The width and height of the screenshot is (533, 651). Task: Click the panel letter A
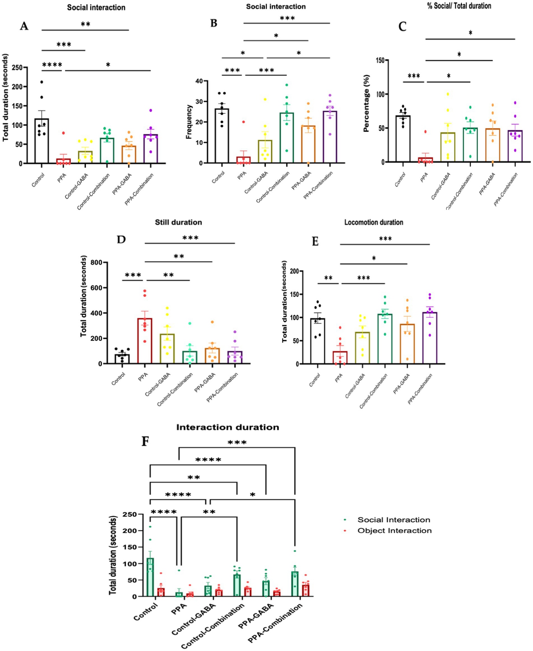24,26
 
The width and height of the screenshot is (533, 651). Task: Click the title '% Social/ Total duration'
459,6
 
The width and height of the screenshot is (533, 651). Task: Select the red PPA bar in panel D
145,341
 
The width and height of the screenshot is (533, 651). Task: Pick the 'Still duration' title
178,222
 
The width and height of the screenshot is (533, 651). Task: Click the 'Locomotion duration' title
374,222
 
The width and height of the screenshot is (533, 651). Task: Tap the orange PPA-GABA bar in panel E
407,344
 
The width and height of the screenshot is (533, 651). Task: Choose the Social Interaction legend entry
394,520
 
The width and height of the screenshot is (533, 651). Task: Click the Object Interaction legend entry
394,531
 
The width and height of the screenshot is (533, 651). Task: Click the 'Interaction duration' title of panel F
227,427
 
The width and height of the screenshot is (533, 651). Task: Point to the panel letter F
146,441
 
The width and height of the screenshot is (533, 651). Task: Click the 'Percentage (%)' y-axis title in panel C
366,103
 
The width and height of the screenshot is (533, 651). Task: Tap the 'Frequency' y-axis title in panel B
189,122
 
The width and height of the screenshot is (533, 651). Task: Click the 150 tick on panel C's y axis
392,60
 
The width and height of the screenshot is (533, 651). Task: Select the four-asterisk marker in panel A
52,65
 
